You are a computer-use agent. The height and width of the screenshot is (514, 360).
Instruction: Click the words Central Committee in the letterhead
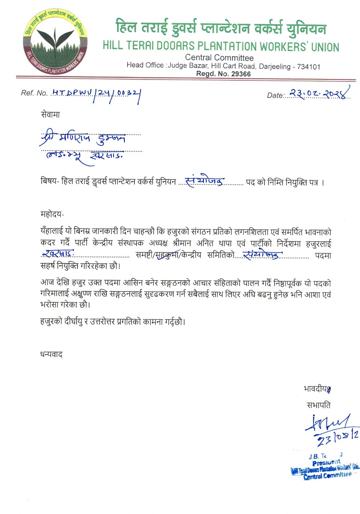pyautogui.click(x=219, y=58)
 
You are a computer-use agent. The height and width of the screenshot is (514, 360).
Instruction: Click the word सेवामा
pyautogui.click(x=50, y=114)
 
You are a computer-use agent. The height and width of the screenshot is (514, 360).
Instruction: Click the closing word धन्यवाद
pyautogui.click(x=52, y=354)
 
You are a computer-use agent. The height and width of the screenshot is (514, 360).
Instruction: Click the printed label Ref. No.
pyautogui.click(x=34, y=93)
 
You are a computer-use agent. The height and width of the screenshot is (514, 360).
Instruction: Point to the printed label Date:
pyautogui.click(x=275, y=95)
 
